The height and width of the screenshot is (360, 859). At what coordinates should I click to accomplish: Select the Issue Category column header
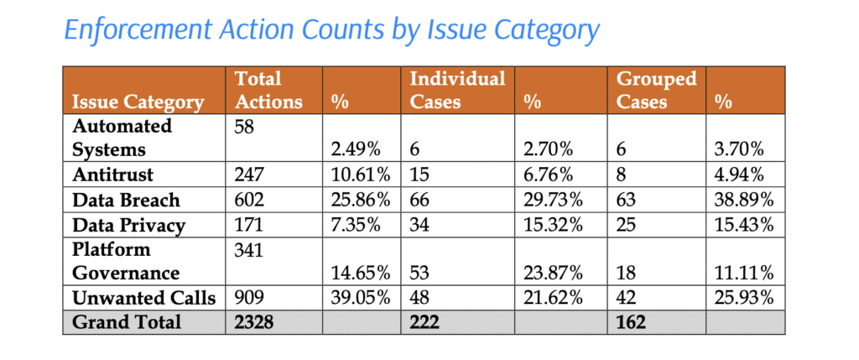138,102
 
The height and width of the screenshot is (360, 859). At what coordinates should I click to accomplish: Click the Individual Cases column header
456,91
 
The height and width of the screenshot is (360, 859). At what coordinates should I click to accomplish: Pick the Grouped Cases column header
656,91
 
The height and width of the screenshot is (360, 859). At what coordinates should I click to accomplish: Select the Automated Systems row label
122,138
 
